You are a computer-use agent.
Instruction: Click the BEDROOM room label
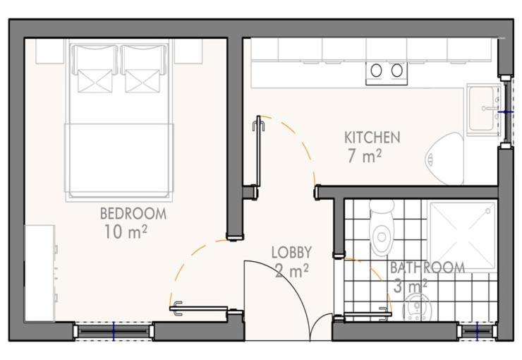pyautogui.click(x=133, y=213)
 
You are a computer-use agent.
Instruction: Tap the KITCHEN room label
pyautogui.click(x=372, y=138)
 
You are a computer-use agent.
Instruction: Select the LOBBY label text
pyautogui.click(x=291, y=253)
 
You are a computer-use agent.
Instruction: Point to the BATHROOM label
pyautogui.click(x=427, y=268)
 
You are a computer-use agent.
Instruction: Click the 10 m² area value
pyautogui.click(x=126, y=232)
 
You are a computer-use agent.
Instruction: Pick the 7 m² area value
pyautogui.click(x=365, y=155)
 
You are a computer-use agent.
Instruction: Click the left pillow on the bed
pyautogui.click(x=95, y=68)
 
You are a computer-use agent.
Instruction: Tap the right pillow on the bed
pyautogui.click(x=143, y=68)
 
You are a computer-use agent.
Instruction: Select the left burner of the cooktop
pyautogui.click(x=376, y=71)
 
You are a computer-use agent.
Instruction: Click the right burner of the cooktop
pyautogui.click(x=397, y=71)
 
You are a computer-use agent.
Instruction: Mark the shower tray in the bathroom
pyautogui.click(x=462, y=236)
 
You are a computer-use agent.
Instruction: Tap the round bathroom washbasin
pyautogui.click(x=416, y=307)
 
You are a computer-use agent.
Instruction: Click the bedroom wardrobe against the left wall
pyautogui.click(x=40, y=273)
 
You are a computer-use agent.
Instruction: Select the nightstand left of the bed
pyautogui.click(x=49, y=52)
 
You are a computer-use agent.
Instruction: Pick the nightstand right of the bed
pyautogui.click(x=188, y=52)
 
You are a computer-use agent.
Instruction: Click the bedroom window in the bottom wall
pyautogui.click(x=114, y=331)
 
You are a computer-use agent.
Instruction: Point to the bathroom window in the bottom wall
pyautogui.click(x=477, y=331)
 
